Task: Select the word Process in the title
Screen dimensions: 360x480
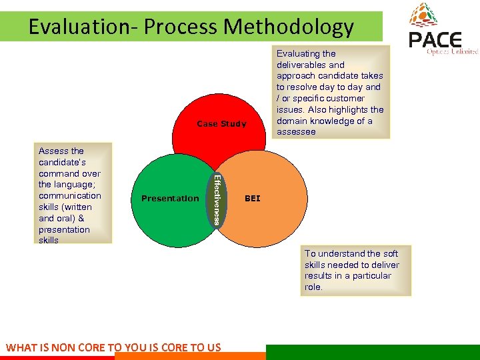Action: point(181,27)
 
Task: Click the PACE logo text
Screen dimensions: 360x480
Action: point(435,41)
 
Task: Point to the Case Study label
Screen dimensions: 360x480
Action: point(221,124)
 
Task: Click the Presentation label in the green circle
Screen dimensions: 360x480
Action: point(170,199)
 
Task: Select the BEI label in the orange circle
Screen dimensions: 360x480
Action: point(253,199)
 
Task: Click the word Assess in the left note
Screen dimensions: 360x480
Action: point(53,151)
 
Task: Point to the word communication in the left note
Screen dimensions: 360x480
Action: point(70,195)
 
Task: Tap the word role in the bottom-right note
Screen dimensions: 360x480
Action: point(313,287)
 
